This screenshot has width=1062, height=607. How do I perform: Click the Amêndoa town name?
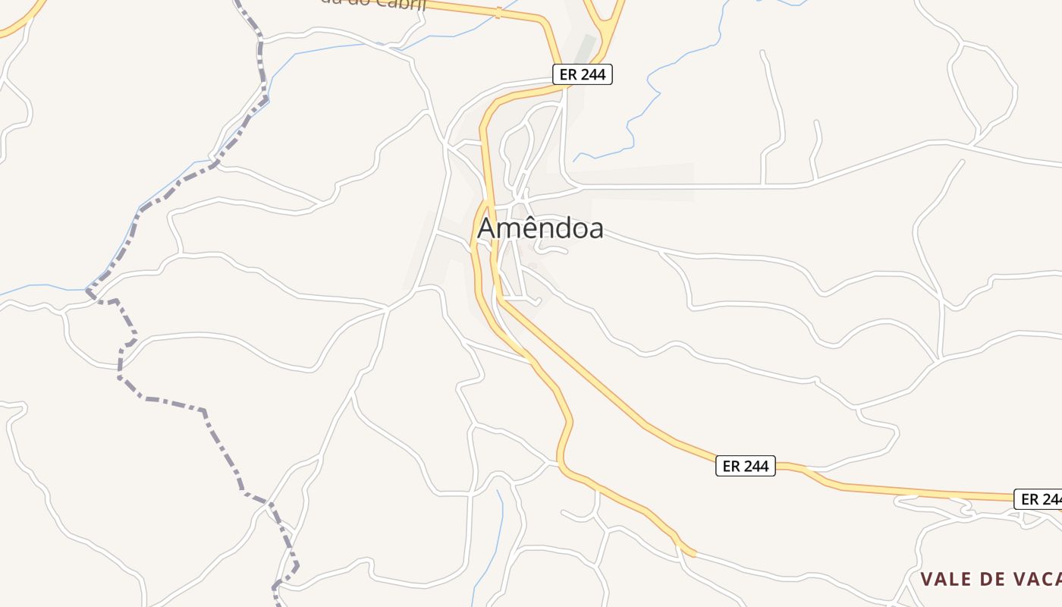point(540,228)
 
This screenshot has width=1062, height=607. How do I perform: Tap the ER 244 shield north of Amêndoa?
point(581,74)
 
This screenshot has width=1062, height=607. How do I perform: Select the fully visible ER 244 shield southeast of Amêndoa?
point(746,466)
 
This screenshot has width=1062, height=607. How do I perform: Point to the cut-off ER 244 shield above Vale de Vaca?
point(1038,499)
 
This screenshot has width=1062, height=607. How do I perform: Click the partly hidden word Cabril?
point(402,4)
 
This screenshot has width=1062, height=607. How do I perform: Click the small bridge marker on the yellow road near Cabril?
point(498,12)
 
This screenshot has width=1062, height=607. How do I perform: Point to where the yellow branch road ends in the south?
point(692,555)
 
